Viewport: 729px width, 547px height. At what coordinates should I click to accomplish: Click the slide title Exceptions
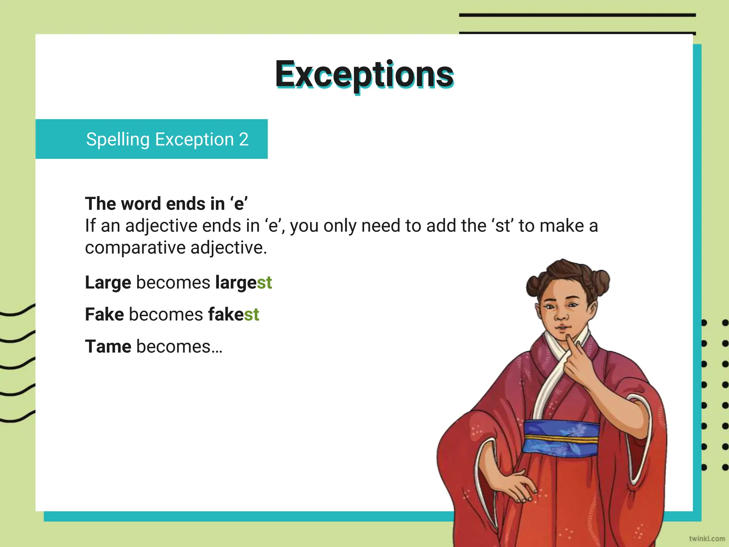(x=364, y=74)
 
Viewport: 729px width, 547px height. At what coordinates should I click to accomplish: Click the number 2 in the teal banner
(x=243, y=139)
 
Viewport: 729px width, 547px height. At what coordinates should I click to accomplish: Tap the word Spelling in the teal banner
(x=117, y=140)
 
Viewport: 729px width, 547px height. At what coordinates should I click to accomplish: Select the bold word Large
(x=108, y=283)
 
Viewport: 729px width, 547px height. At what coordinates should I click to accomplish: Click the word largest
(x=243, y=283)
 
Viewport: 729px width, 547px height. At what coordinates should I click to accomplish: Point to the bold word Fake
(x=104, y=314)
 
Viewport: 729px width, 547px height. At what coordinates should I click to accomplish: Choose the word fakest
(x=234, y=314)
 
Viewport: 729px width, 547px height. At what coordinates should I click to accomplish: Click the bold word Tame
(x=108, y=347)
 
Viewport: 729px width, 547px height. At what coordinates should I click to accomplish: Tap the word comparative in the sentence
(x=135, y=248)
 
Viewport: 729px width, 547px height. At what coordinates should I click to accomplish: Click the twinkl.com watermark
(x=707, y=538)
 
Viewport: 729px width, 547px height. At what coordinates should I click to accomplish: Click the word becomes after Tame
(x=174, y=347)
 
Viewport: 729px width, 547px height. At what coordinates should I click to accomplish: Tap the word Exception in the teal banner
(x=194, y=140)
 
